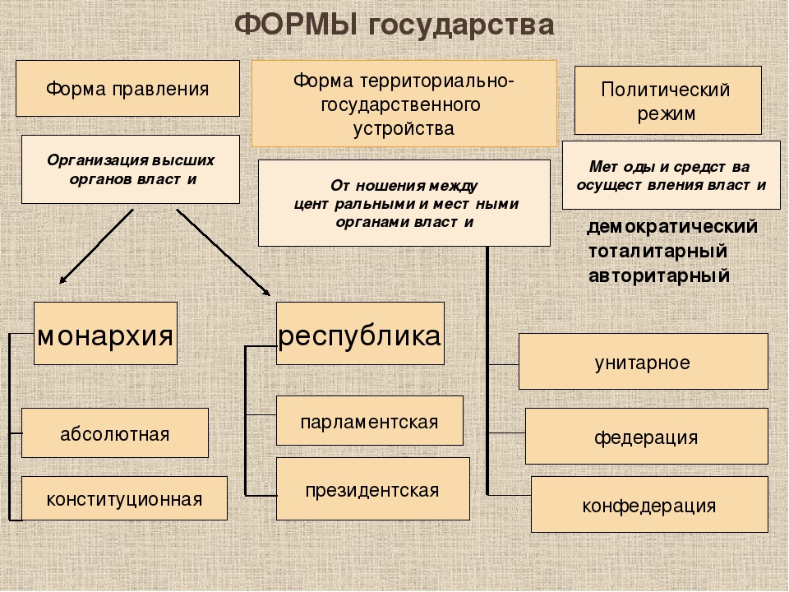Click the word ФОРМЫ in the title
[x=297, y=25]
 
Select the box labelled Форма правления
[x=128, y=89]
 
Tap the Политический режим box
[x=667, y=100]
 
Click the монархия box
[x=106, y=333]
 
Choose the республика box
[x=360, y=333]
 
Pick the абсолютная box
[x=115, y=433]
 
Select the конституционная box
[x=124, y=498]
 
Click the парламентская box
[x=370, y=421]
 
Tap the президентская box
[x=373, y=488]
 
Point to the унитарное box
[x=643, y=362]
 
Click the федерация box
[x=647, y=436]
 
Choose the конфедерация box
[x=649, y=504]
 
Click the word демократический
[x=672, y=227]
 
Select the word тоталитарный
[x=658, y=251]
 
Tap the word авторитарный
[x=659, y=275]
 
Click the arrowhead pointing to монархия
[x=62, y=280]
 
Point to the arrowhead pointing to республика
[x=266, y=291]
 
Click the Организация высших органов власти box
[x=131, y=169]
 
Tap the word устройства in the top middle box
[x=404, y=129]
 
